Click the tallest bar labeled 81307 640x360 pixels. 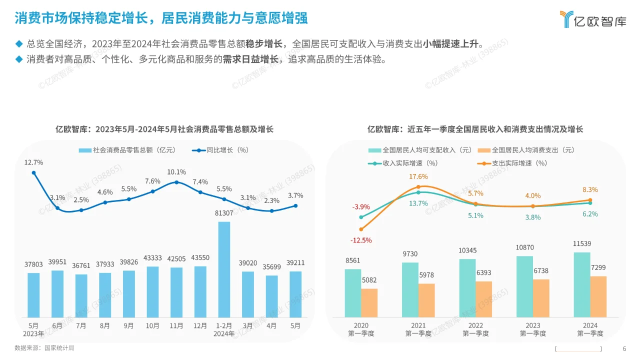tap(224, 269)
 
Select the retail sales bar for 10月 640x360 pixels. tap(152, 291)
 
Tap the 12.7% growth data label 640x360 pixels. tap(33, 162)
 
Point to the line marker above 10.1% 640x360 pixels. tap(176, 182)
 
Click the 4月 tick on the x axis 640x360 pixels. tap(271, 325)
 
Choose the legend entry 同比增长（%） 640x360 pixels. tap(220, 150)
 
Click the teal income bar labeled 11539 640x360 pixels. tap(582, 284)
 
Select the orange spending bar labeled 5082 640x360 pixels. tap(369, 302)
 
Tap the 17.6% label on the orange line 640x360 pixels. tap(418, 176)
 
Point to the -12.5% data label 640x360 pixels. tap(361, 240)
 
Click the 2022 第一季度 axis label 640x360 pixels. tap(475, 329)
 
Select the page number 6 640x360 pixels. tap(624, 349)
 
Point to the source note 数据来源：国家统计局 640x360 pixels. tap(44, 348)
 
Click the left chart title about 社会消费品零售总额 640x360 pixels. tap(164, 129)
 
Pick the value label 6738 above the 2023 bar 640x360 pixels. tap(541, 270)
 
